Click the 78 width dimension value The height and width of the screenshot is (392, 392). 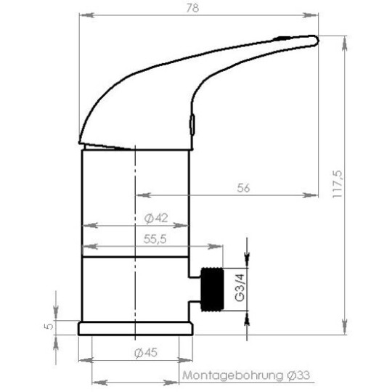193,8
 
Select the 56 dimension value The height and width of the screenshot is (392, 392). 243,188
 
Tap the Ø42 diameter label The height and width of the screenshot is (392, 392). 156,219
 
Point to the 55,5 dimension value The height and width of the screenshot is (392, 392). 155,240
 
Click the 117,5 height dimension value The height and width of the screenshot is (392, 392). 337,184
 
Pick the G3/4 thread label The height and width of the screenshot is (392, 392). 240,287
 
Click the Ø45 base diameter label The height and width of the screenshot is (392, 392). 146,353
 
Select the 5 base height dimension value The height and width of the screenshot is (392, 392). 49,326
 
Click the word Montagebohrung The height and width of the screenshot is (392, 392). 232,376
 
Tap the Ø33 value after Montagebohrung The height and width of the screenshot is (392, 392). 298,375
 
